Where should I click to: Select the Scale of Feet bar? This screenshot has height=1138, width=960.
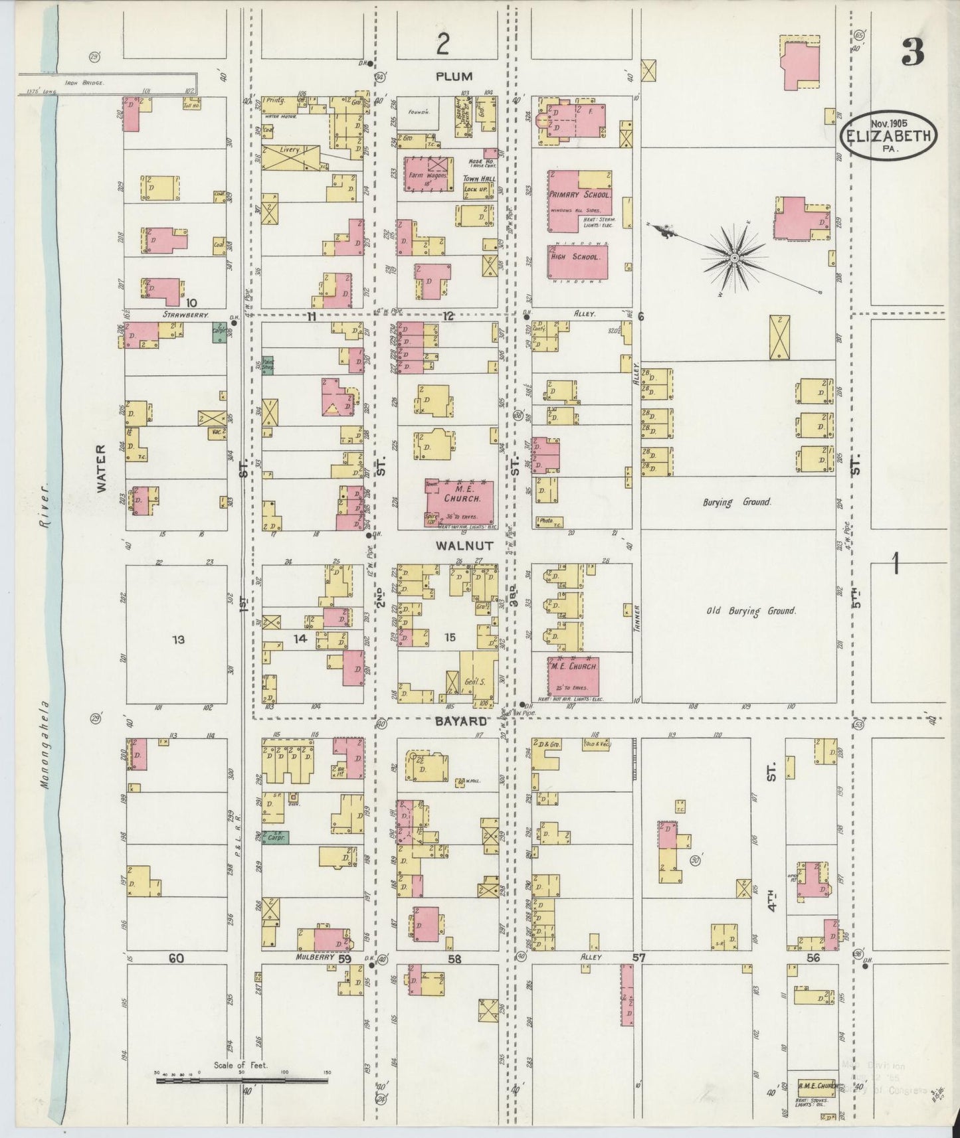click(242, 1081)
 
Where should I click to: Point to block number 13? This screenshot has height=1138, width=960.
click(177, 640)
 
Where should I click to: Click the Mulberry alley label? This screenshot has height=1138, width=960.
click(314, 957)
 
